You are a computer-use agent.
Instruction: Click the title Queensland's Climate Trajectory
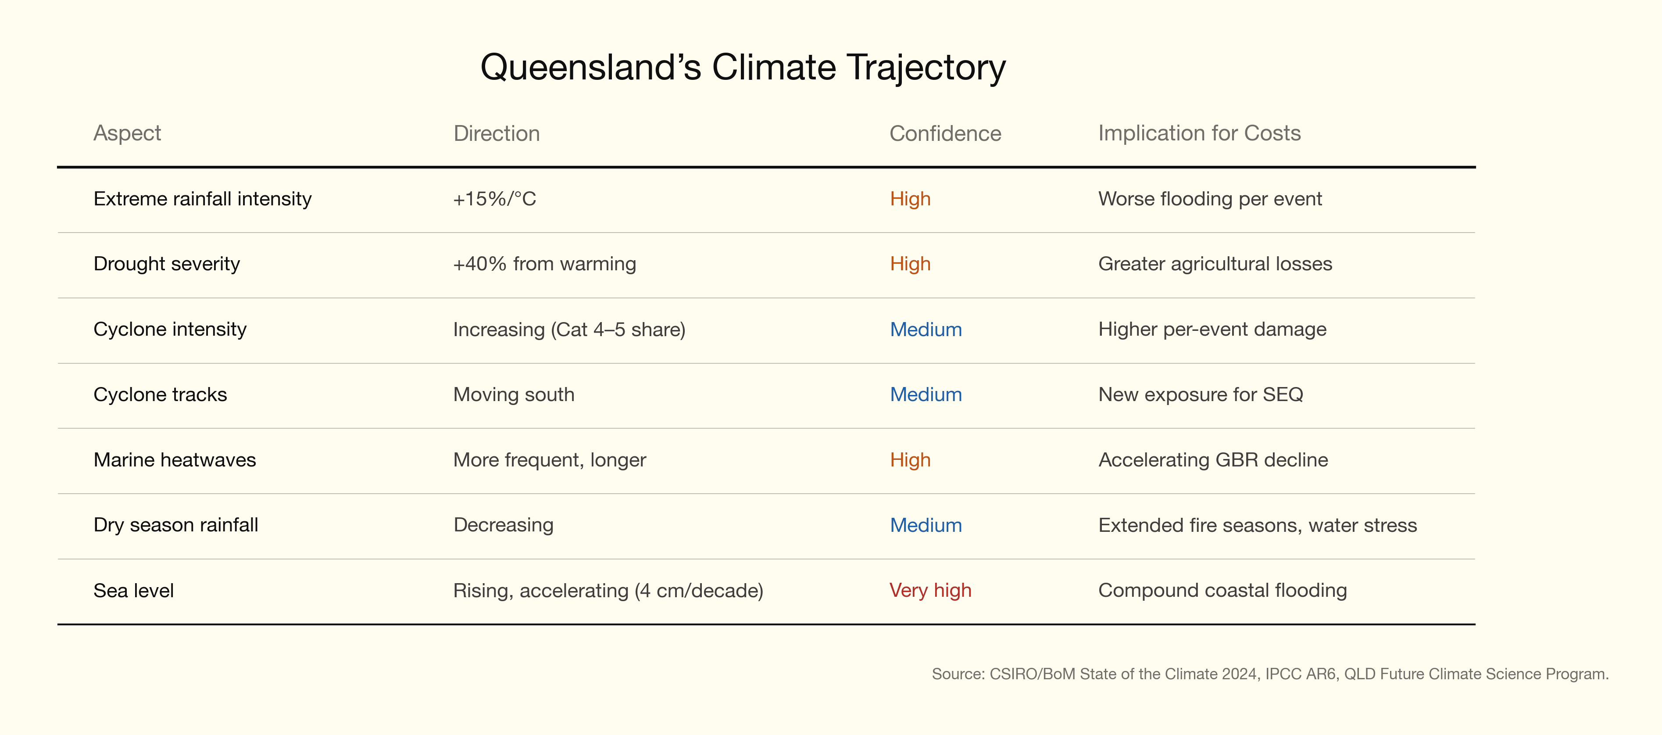[743, 68]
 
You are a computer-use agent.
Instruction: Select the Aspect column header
[127, 133]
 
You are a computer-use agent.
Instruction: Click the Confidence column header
[945, 133]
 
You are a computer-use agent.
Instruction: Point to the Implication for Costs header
[1199, 133]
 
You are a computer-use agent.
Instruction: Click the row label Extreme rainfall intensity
[203, 199]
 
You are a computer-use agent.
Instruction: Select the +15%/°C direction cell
[494, 199]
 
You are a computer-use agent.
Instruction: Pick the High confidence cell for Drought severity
[910, 264]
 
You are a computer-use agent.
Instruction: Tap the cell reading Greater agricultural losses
[1215, 264]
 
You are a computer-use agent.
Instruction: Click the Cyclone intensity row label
[170, 330]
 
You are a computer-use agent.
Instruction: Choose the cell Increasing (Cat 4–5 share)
[569, 330]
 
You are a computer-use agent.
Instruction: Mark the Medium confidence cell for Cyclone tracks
[926, 394]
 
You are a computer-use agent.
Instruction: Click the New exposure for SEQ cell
[1201, 394]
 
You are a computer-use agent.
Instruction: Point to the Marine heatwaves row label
[175, 460]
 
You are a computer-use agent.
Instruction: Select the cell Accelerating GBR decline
[1213, 460]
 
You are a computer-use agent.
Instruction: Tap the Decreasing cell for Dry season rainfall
[503, 525]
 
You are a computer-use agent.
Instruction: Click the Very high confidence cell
[930, 591]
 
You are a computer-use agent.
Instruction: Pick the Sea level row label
[133, 591]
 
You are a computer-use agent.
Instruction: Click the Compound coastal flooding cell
[1222, 591]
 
